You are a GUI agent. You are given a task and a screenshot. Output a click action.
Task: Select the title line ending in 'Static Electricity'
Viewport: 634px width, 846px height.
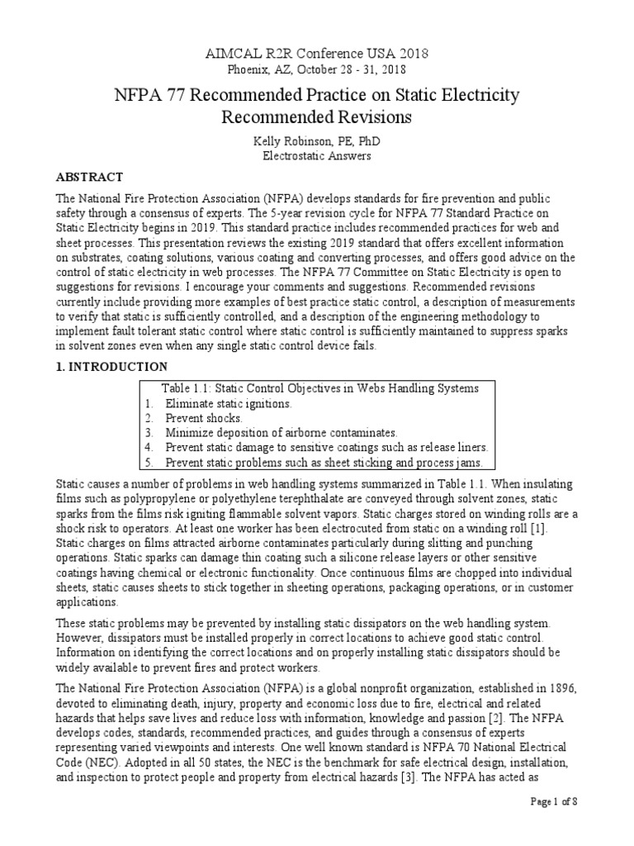(317, 95)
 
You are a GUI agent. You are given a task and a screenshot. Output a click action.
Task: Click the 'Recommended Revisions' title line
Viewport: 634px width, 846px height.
(317, 118)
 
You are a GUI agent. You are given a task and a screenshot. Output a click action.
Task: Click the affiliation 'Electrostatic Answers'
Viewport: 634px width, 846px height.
(317, 154)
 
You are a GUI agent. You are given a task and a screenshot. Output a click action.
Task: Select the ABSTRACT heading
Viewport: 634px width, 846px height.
(89, 177)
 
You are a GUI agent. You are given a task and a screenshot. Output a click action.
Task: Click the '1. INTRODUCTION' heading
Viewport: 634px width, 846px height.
(111, 366)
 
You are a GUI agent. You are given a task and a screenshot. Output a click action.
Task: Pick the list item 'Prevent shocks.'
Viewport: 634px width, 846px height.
(201, 418)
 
